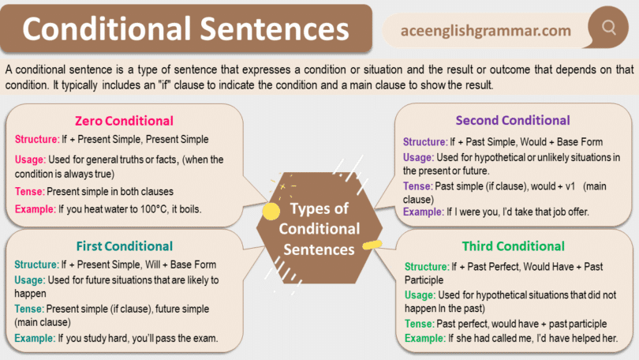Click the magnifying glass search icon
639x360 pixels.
(x=608, y=28)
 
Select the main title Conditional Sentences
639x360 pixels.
(x=185, y=30)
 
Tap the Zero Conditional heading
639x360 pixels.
(x=124, y=121)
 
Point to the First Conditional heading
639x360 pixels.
(x=125, y=246)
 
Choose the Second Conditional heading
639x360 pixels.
(x=513, y=121)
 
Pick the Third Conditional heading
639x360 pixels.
(x=513, y=246)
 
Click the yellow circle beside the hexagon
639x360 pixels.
(x=271, y=211)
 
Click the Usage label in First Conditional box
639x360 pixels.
(x=29, y=280)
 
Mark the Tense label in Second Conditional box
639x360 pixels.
(x=417, y=186)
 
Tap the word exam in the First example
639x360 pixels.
(x=203, y=339)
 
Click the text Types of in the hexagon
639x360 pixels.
(x=319, y=209)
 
